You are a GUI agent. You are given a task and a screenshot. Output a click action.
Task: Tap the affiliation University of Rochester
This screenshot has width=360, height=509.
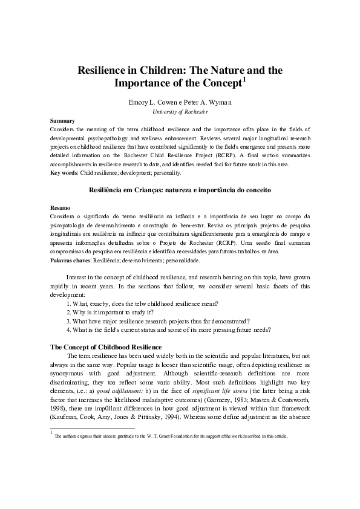click(180, 112)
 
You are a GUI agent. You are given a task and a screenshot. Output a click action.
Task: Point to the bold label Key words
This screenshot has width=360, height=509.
click(64, 173)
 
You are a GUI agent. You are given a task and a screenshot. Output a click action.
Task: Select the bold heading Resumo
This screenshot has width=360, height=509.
click(61, 207)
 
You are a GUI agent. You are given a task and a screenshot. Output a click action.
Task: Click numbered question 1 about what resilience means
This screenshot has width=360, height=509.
click(143, 302)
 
